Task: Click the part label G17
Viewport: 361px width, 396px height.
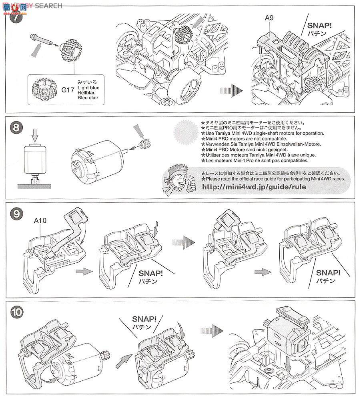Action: [69, 90]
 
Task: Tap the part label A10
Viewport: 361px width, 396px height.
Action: [40, 220]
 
